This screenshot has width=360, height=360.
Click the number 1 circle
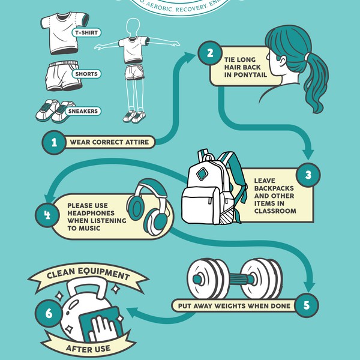click(x=54, y=142)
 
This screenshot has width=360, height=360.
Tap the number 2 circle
click(x=210, y=53)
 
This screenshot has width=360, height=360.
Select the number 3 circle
click(x=308, y=175)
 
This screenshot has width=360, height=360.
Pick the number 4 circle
click(x=47, y=213)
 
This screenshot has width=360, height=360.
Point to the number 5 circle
click(x=307, y=305)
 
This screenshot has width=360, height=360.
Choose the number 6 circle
click(x=47, y=313)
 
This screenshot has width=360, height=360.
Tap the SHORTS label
click(x=86, y=74)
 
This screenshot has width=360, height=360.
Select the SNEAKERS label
click(x=83, y=111)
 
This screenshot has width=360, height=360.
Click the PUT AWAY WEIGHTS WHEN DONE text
click(x=235, y=305)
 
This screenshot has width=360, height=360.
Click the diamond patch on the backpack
click(x=202, y=175)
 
